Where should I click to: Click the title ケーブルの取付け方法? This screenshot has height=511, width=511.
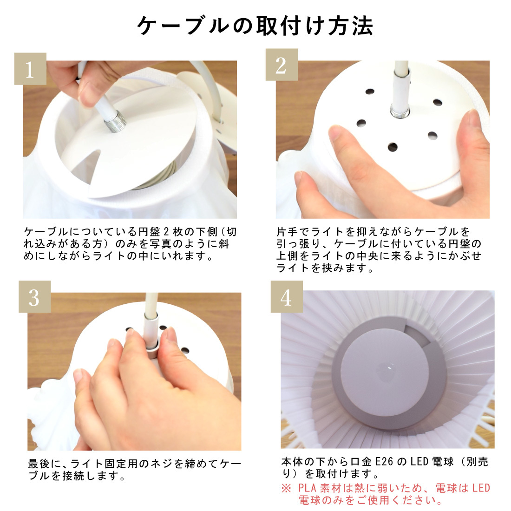[x=255, y=26]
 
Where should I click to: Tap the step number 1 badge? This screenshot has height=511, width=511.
[x=30, y=69]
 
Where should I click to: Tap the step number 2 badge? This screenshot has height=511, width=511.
[x=282, y=65]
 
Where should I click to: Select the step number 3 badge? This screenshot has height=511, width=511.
[x=34, y=296]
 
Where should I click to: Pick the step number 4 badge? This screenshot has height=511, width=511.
[x=287, y=296]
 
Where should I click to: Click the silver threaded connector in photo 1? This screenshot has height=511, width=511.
[x=115, y=122]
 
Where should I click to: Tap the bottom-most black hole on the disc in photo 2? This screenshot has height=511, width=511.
[x=393, y=147]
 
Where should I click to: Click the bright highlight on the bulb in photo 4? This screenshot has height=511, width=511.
[x=389, y=367]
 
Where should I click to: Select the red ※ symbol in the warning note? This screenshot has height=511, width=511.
[x=286, y=488]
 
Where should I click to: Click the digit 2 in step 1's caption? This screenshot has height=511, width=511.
[x=166, y=232]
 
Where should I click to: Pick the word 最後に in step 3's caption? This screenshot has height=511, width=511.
[x=45, y=464]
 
